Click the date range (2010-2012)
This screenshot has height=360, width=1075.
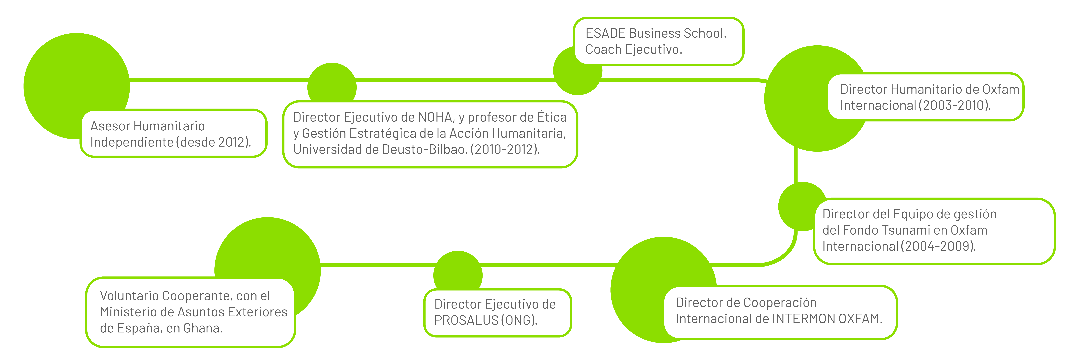(505, 149)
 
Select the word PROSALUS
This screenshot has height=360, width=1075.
(467, 320)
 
